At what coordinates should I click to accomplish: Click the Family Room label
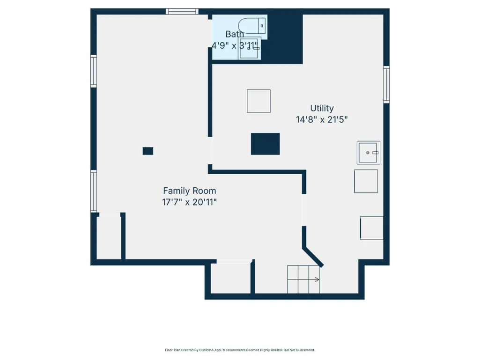pyautogui.click(x=190, y=191)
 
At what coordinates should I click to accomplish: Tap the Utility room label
pyautogui.click(x=322, y=108)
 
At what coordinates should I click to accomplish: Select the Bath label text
pyautogui.click(x=235, y=34)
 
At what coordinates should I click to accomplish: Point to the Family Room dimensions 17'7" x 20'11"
pyautogui.click(x=190, y=202)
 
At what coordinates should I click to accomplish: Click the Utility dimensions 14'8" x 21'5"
pyautogui.click(x=322, y=119)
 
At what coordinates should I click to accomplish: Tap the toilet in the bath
pyautogui.click(x=252, y=26)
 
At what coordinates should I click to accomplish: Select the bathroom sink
pyautogui.click(x=250, y=48)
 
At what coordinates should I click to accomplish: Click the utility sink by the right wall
pyautogui.click(x=368, y=153)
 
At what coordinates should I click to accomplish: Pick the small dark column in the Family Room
pyautogui.click(x=148, y=151)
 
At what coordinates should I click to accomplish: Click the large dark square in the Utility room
pyautogui.click(x=265, y=144)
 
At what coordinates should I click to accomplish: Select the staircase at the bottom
pyautogui.click(x=303, y=279)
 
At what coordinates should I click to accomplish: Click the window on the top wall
pyautogui.click(x=182, y=12)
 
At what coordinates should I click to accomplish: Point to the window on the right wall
pyautogui.click(x=386, y=84)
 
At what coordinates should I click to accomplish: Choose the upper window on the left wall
pyautogui.click(x=94, y=71)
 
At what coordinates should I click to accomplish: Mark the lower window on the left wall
pyautogui.click(x=94, y=191)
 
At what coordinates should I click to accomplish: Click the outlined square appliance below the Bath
pyautogui.click(x=258, y=101)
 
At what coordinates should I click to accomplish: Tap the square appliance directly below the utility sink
pyautogui.click(x=366, y=181)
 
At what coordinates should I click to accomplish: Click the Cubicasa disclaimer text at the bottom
pyautogui.click(x=240, y=350)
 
